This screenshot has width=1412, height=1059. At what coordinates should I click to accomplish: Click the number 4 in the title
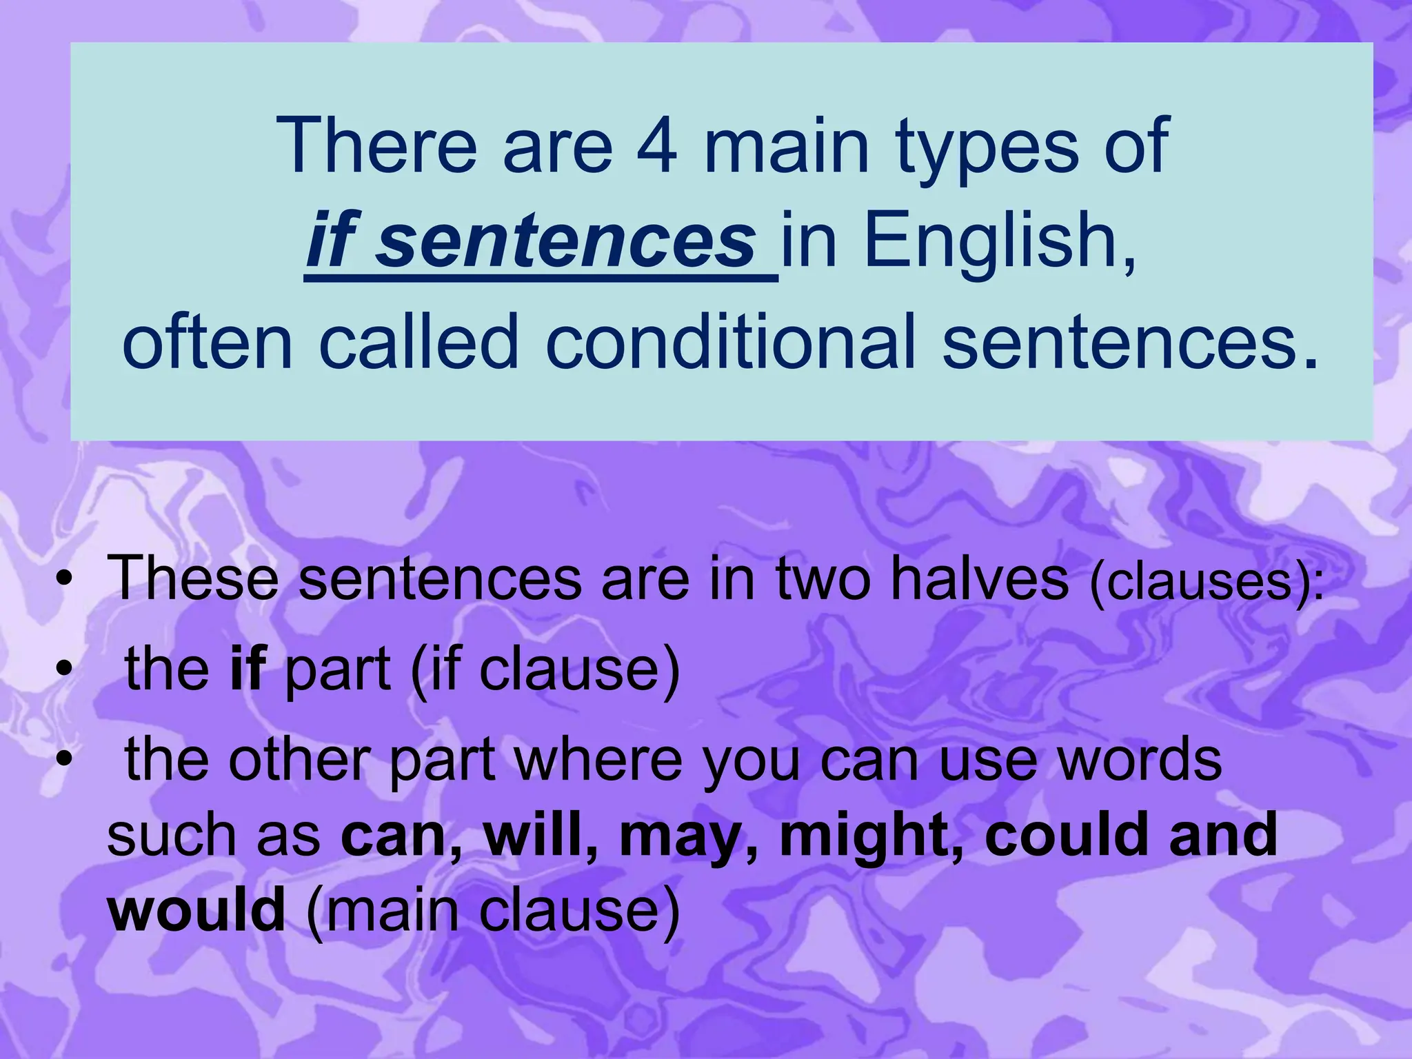[x=656, y=146]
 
